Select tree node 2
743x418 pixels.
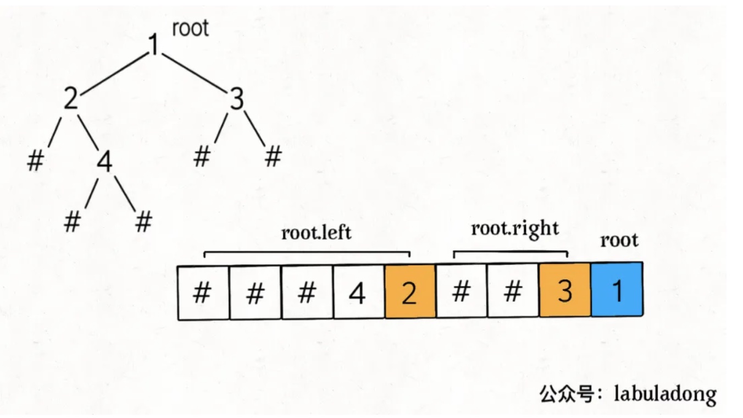tap(71, 100)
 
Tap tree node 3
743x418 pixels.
tap(236, 100)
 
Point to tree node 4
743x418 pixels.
tap(104, 163)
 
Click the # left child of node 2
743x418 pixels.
tap(35, 161)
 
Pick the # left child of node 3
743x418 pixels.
tap(202, 157)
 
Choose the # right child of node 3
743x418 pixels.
tap(273, 157)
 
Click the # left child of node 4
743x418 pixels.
tap(72, 222)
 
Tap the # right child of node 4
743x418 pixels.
tap(143, 222)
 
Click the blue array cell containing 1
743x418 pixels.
tap(617, 291)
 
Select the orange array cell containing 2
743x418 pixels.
tap(410, 292)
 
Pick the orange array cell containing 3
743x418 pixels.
tap(565, 291)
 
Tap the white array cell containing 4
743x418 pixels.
tap(358, 292)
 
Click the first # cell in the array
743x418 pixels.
tap(202, 292)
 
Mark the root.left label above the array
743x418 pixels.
tap(316, 233)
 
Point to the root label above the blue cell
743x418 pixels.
tap(619, 240)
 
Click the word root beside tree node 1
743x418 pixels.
tap(190, 28)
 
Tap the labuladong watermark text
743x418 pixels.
tap(665, 394)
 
